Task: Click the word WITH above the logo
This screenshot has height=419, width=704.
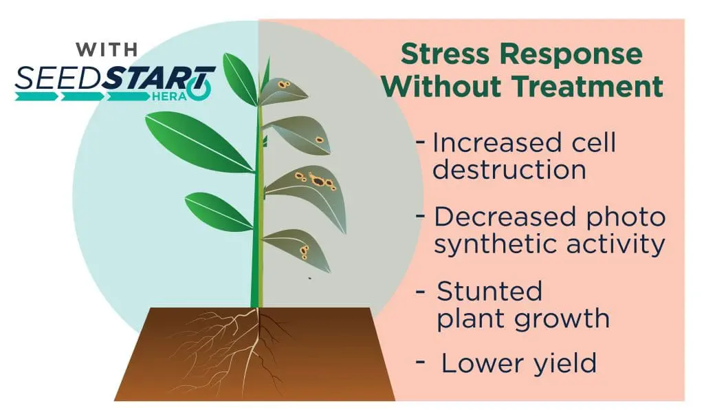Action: click(x=107, y=50)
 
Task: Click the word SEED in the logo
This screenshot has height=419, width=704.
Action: click(x=58, y=78)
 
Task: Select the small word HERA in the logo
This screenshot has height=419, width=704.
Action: click(x=169, y=96)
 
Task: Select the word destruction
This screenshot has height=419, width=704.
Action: click(x=509, y=170)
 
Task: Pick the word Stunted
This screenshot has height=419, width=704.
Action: click(x=489, y=291)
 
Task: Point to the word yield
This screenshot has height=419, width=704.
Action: click(x=564, y=363)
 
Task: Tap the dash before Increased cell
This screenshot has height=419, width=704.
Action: click(x=421, y=142)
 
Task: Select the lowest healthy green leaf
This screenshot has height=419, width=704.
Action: click(x=218, y=212)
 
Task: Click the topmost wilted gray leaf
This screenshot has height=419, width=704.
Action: click(x=282, y=92)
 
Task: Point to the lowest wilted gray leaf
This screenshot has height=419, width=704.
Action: click(x=298, y=249)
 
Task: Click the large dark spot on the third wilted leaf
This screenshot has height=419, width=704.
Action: click(x=318, y=181)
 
